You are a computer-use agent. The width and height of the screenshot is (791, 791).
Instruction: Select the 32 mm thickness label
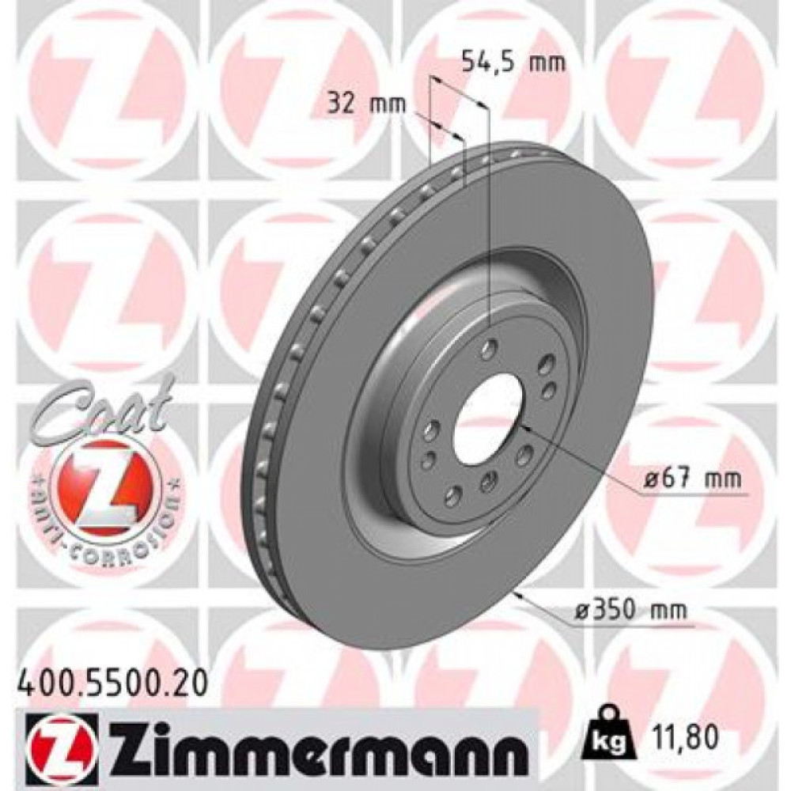367,103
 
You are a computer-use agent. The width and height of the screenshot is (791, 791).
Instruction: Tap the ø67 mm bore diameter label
691,479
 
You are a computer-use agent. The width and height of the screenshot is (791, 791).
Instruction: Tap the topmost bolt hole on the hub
490,346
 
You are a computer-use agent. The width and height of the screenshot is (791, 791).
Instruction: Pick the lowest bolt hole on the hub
452,496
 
